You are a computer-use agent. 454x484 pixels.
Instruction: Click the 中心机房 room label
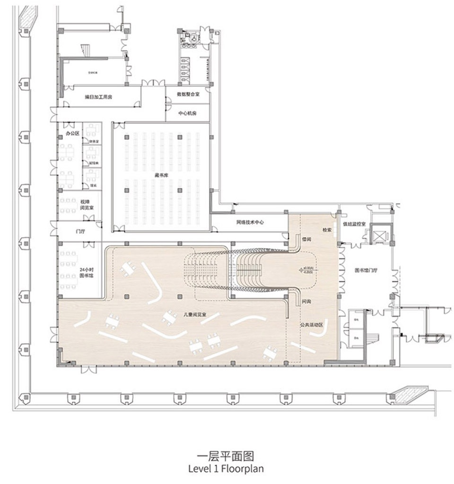(x=187, y=114)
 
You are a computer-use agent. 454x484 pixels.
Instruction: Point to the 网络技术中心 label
(x=250, y=222)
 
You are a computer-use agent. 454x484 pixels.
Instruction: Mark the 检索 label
(x=327, y=230)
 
